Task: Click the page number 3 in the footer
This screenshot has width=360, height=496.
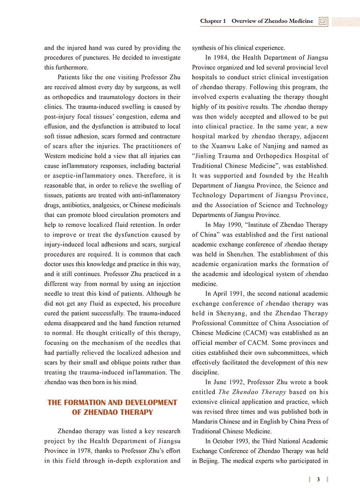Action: [x=318, y=480]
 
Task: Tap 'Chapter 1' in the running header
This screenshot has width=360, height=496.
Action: [x=213, y=21]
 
